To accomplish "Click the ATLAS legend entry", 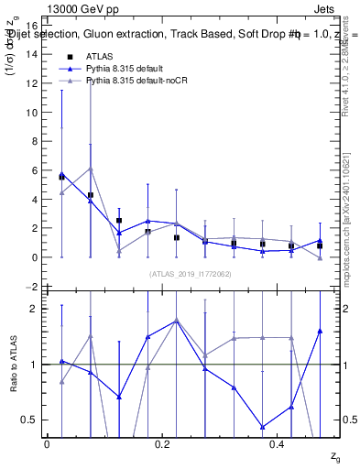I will (100, 56).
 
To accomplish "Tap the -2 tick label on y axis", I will (30, 287).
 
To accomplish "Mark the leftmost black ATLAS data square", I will (61, 176).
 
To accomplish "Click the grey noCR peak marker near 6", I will (91, 169).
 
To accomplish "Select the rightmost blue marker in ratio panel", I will (320, 331).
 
